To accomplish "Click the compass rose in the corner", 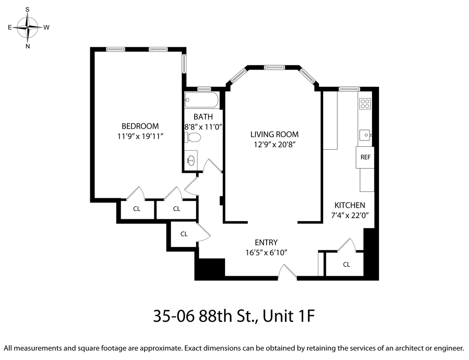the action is pyautogui.click(x=28, y=27).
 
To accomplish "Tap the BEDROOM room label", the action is pyautogui.click(x=140, y=126).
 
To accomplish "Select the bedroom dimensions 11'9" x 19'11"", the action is pyautogui.click(x=140, y=136).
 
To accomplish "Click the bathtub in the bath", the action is pyautogui.click(x=201, y=100).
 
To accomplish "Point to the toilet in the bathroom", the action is pyautogui.click(x=193, y=137).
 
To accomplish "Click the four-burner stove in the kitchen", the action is pyautogui.click(x=365, y=104).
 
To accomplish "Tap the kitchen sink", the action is pyautogui.click(x=365, y=135).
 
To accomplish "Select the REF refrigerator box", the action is pyautogui.click(x=365, y=158).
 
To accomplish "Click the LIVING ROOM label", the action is pyautogui.click(x=274, y=134).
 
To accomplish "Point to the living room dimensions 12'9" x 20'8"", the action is pyautogui.click(x=274, y=145).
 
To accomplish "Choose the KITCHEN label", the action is pyautogui.click(x=350, y=205).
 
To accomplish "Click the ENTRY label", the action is pyautogui.click(x=266, y=242).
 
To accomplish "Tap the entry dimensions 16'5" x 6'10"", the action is pyautogui.click(x=266, y=253).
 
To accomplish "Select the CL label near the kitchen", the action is pyautogui.click(x=346, y=264).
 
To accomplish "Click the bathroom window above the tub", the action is pyautogui.click(x=204, y=89).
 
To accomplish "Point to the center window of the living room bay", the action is pyautogui.click(x=274, y=67).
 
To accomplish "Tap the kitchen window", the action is pyautogui.click(x=349, y=89).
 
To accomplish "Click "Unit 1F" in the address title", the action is pyautogui.click(x=288, y=316).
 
